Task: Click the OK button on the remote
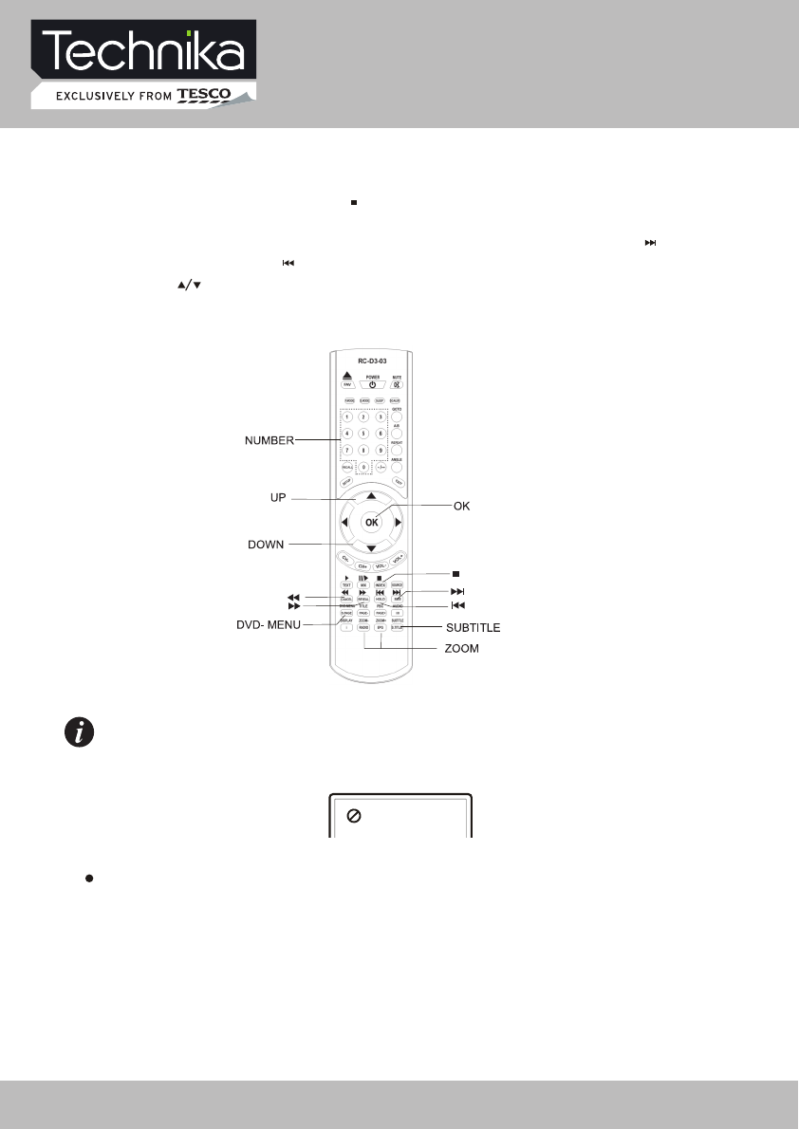tap(372, 521)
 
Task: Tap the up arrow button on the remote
tap(372, 495)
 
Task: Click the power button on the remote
tap(372, 384)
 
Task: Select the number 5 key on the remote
tap(364, 434)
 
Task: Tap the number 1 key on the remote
tap(347, 417)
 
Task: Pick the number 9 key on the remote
tap(381, 449)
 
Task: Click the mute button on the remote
tap(398, 384)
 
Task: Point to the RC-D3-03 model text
tap(372, 361)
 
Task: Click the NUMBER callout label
tap(268, 440)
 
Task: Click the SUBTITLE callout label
tap(473, 628)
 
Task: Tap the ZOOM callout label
tap(462, 649)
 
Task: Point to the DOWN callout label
tap(267, 544)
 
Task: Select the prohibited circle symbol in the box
tap(353, 818)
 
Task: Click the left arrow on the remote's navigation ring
tap(345, 522)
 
